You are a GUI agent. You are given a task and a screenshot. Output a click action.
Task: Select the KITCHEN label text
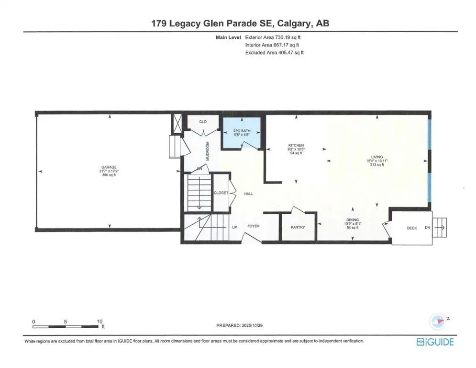pyautogui.click(x=296, y=145)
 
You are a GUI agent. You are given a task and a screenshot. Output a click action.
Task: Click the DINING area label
pyautogui.click(x=353, y=220)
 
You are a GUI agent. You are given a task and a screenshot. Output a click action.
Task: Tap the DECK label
pyautogui.click(x=411, y=228)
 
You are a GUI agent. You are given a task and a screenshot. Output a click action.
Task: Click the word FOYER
pyautogui.click(x=253, y=226)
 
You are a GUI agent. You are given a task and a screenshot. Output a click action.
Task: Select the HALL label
pyautogui.click(x=248, y=194)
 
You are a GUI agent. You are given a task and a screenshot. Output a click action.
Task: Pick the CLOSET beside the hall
pyautogui.click(x=221, y=193)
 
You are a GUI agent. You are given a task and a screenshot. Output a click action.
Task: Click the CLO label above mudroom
pyautogui.click(x=202, y=122)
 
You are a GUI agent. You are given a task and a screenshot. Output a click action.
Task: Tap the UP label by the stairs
pyautogui.click(x=234, y=227)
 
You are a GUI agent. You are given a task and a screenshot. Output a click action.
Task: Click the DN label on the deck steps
pyautogui.click(x=427, y=228)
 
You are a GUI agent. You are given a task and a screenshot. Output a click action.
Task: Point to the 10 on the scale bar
pyautogui.click(x=100, y=322)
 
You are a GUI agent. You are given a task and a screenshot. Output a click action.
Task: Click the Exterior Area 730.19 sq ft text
pyautogui.click(x=274, y=36)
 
